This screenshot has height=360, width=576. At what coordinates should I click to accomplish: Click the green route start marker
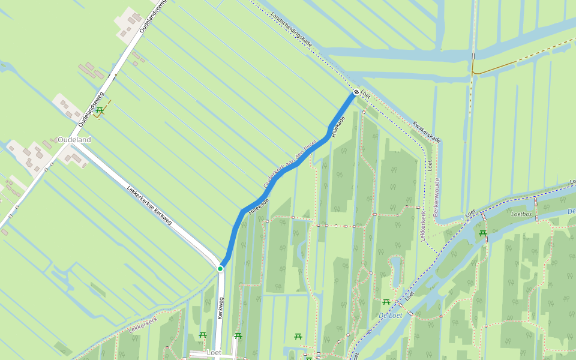(x=220, y=268)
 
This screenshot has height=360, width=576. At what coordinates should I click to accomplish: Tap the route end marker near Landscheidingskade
(x=356, y=92)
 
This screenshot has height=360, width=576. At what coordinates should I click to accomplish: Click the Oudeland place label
(x=74, y=140)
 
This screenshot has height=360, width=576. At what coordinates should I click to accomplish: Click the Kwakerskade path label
(x=427, y=132)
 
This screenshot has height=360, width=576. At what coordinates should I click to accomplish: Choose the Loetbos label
(x=521, y=213)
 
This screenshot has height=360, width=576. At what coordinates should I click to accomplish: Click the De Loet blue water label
(x=391, y=315)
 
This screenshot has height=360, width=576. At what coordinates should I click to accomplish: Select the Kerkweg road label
(x=221, y=305)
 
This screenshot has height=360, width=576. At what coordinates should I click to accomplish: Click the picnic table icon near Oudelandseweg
(x=100, y=110)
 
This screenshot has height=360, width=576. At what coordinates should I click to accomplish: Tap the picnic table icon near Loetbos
(x=482, y=233)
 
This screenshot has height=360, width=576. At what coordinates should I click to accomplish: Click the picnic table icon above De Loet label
(x=386, y=301)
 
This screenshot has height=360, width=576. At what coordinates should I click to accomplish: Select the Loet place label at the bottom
(x=214, y=352)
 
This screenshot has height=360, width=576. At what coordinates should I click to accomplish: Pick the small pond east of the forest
(x=396, y=270)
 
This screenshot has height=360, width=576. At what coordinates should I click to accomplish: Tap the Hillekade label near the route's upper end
(x=338, y=126)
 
